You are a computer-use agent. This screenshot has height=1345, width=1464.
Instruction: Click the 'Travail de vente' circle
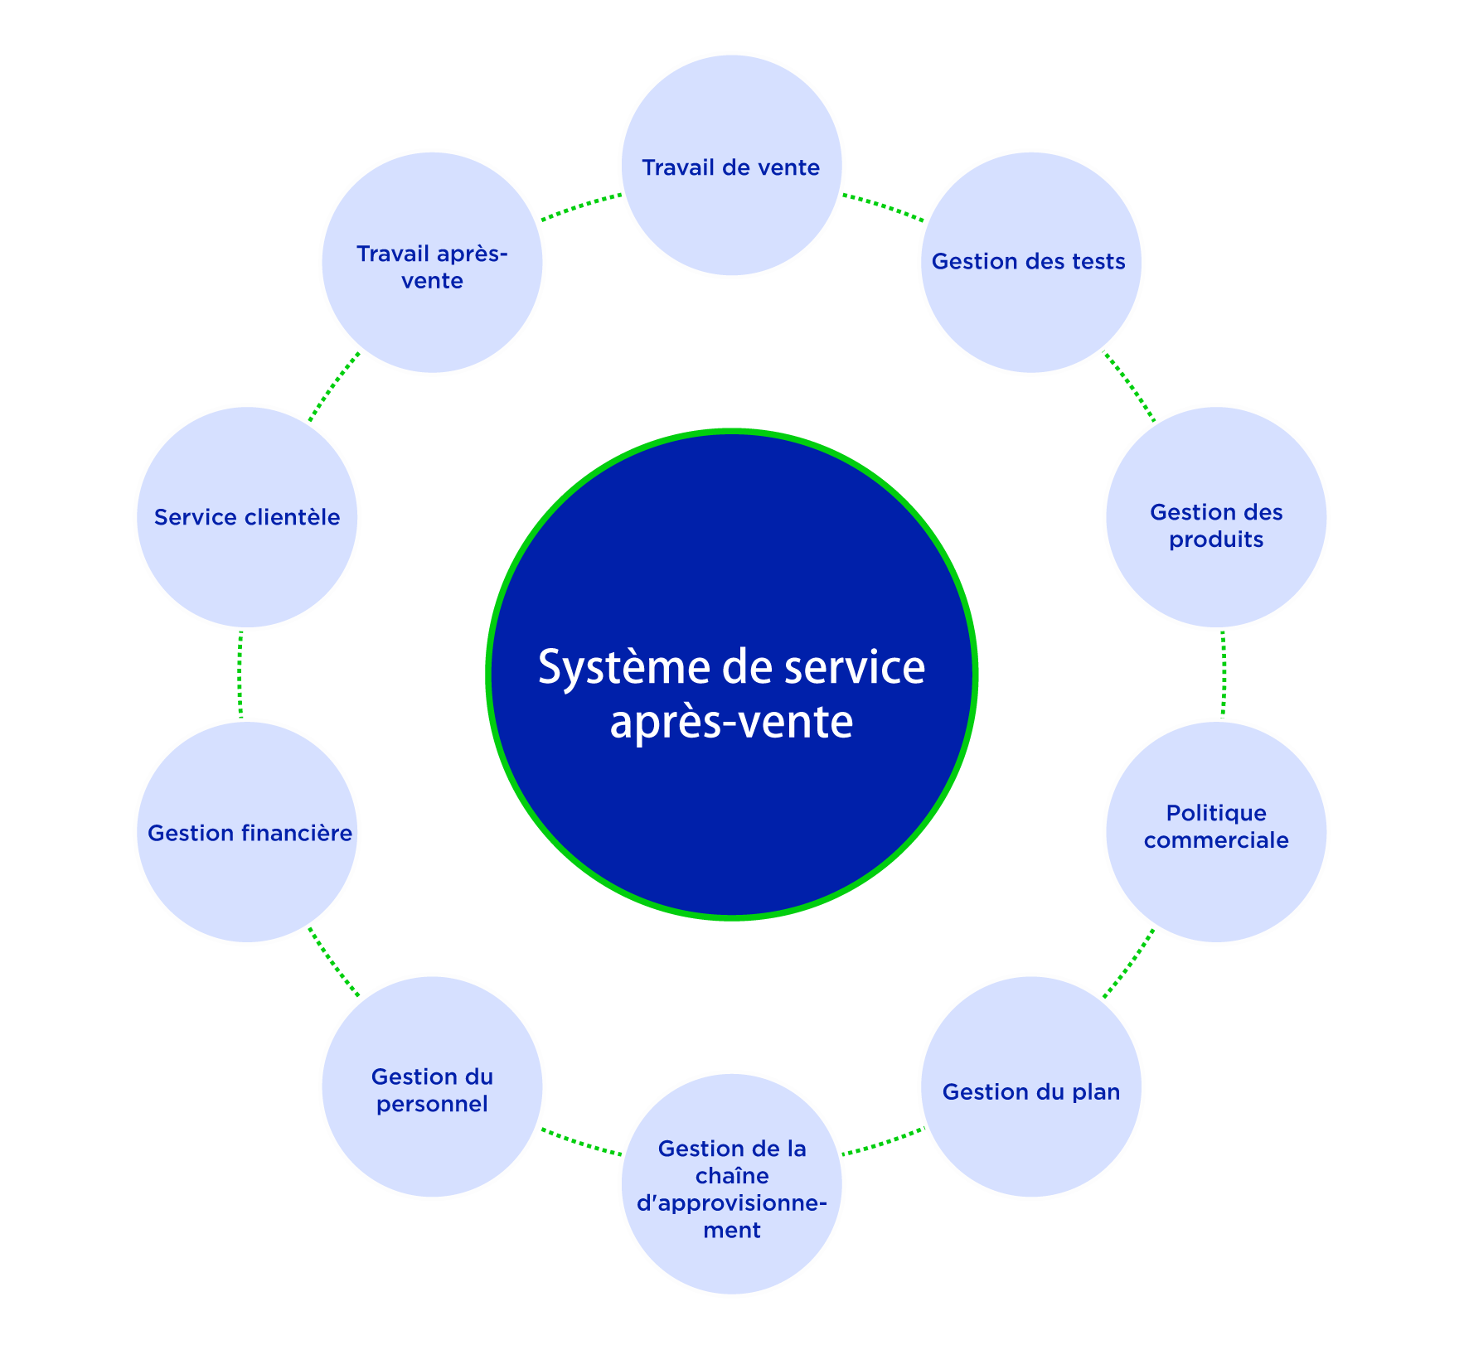(731, 166)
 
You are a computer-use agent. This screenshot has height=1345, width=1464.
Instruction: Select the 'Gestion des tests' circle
(1030, 263)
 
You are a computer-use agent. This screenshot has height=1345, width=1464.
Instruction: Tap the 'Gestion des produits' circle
(1216, 517)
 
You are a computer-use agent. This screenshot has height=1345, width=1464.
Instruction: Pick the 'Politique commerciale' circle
(1216, 832)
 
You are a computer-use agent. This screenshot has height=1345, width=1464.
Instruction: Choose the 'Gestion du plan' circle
(1030, 1086)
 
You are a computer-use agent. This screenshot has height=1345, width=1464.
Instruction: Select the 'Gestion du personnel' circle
(432, 1086)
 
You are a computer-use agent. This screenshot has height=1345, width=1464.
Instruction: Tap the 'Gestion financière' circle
(247, 832)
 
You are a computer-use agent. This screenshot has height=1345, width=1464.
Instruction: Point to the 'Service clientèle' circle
(247, 517)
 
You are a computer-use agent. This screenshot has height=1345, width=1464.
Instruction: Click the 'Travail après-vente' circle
(432, 263)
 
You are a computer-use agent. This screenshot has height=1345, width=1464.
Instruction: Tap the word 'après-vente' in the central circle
(731, 722)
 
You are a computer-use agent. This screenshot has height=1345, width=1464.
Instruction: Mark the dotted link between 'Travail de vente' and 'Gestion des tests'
(883, 207)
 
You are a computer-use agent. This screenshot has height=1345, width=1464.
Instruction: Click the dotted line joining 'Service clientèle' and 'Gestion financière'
(240, 675)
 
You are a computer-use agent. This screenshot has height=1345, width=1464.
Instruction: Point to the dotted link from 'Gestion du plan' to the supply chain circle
(881, 1142)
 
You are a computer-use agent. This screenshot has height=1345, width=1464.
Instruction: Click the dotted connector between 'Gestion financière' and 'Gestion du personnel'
(334, 962)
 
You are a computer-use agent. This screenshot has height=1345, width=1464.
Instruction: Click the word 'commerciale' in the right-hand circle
(1216, 840)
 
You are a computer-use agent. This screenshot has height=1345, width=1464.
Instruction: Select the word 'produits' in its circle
(1216, 539)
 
